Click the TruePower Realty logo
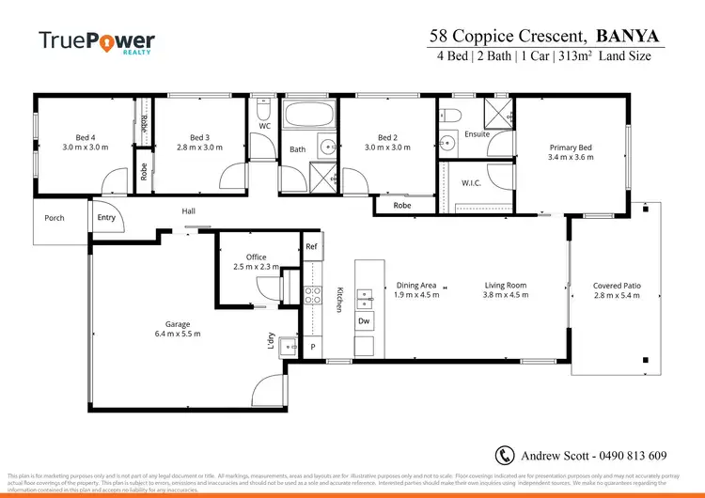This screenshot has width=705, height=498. (x=96, y=42)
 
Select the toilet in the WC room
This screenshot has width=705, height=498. (x=264, y=106)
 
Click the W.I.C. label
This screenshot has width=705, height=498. (x=471, y=182)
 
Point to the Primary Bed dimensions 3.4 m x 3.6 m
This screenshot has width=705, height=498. (x=572, y=159)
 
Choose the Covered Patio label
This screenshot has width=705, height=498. (x=616, y=286)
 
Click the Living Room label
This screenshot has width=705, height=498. (x=505, y=285)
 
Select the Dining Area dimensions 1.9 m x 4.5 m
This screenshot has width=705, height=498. (x=415, y=295)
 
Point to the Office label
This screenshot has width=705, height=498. (x=257, y=257)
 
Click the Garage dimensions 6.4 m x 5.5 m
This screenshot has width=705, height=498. (x=178, y=334)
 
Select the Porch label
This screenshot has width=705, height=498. (x=55, y=218)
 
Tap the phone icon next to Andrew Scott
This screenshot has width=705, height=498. (x=505, y=456)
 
